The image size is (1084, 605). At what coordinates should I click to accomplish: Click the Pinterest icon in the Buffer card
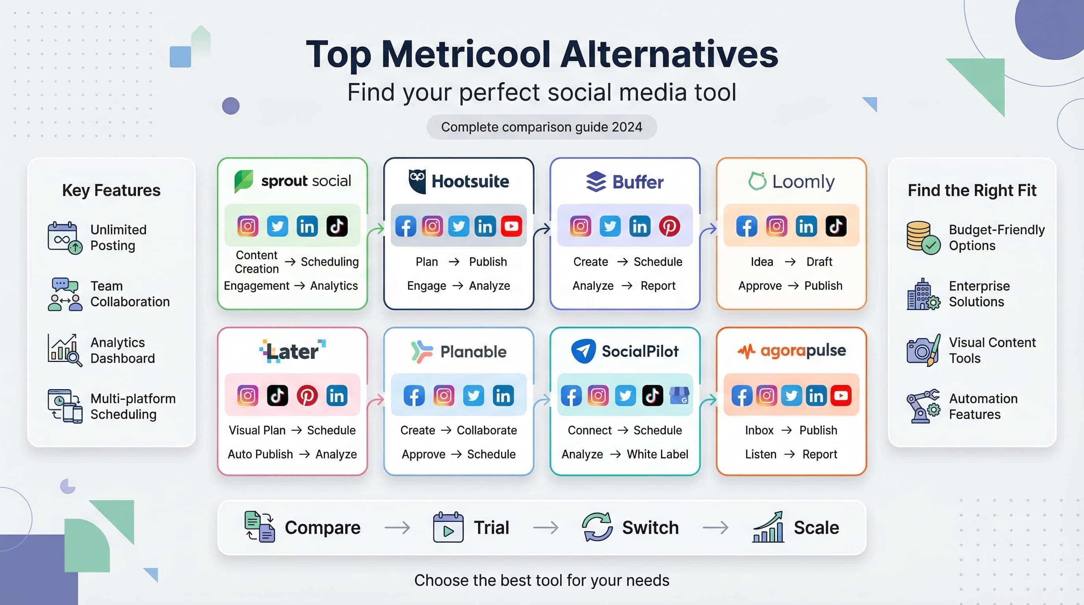[669, 226]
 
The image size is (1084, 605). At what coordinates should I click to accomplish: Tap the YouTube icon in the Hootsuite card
[511, 226]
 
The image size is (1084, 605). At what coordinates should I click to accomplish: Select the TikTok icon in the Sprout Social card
[337, 226]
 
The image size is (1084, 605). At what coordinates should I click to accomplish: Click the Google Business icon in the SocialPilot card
[679, 395]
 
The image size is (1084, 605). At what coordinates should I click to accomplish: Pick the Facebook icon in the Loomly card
[746, 226]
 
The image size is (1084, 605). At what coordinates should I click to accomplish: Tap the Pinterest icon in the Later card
[307, 395]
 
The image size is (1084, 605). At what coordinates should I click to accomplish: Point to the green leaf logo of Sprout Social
[244, 181]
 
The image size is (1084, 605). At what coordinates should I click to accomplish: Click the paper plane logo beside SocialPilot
[583, 351]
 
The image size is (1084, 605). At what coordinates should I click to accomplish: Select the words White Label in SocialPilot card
[657, 455]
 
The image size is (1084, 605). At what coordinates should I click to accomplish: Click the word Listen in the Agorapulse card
[760, 455]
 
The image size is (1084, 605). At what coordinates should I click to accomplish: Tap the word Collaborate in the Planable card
[486, 431]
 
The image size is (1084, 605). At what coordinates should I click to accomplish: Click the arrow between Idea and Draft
[790, 262]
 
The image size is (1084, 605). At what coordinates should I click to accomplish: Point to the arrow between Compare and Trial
[397, 527]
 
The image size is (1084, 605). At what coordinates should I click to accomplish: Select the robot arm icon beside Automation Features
[923, 406]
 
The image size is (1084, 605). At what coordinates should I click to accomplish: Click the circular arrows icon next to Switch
[597, 527]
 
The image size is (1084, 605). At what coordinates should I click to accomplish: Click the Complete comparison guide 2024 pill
[542, 127]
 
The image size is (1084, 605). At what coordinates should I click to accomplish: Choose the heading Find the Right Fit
[972, 191]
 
